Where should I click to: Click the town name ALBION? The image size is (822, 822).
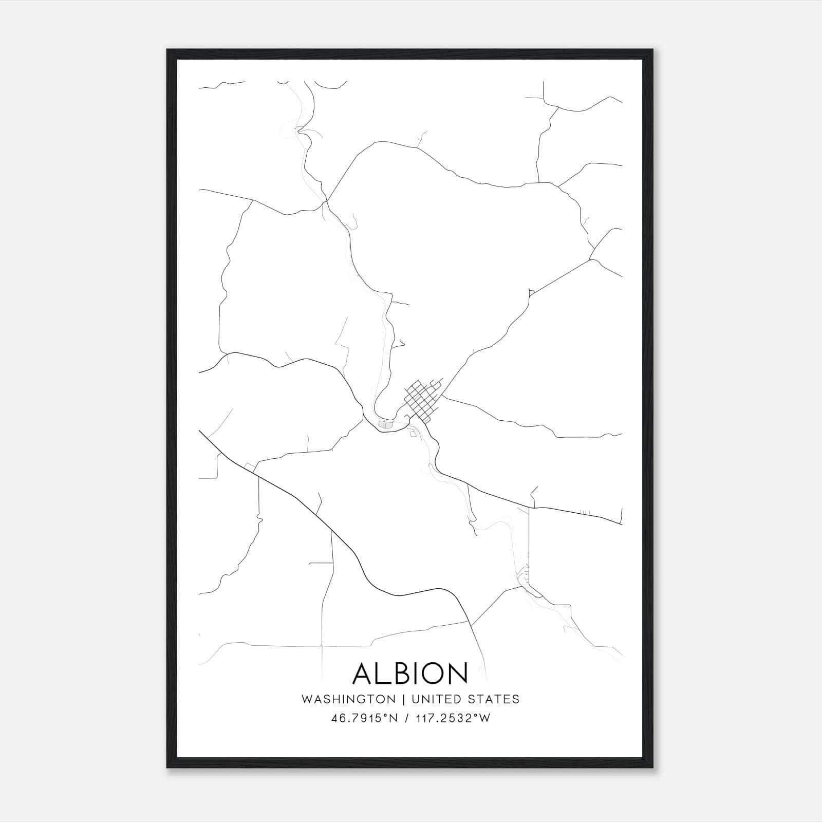tap(410, 673)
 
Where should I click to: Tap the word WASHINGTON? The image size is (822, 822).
tap(349, 699)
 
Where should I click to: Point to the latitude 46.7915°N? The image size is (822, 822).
tap(365, 718)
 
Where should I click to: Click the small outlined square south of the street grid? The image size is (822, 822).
tap(413, 434)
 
